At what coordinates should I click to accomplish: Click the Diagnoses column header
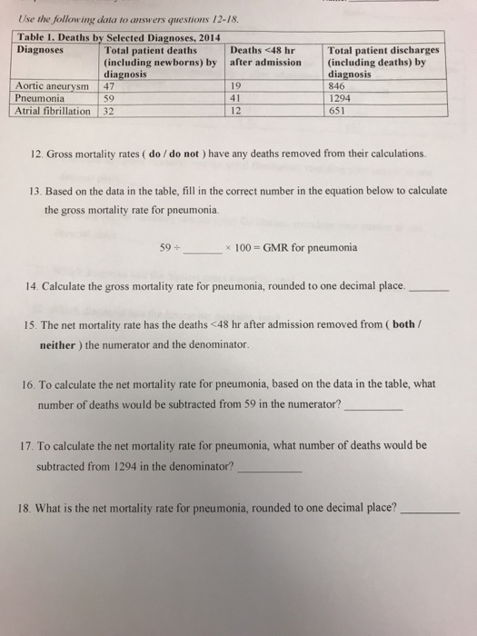(43, 49)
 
